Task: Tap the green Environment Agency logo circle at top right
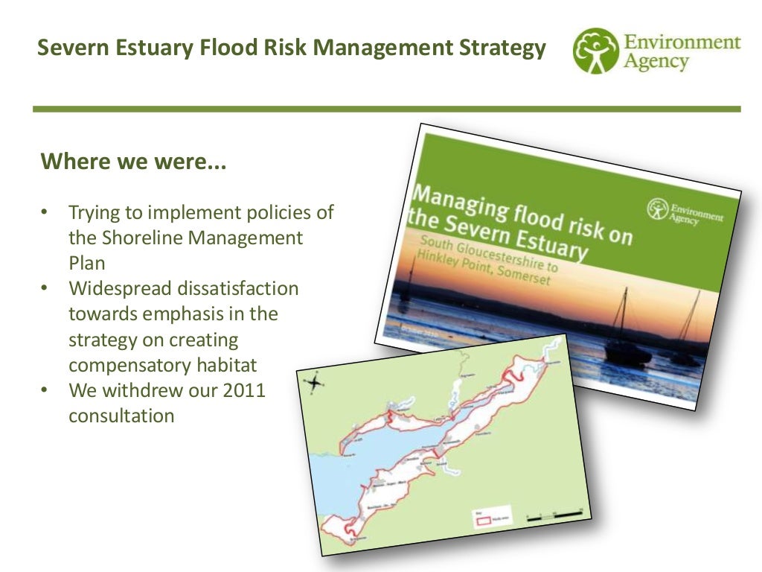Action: click(596, 51)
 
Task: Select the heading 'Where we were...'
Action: click(133, 161)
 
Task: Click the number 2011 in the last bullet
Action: click(244, 390)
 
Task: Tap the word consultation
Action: click(121, 416)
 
